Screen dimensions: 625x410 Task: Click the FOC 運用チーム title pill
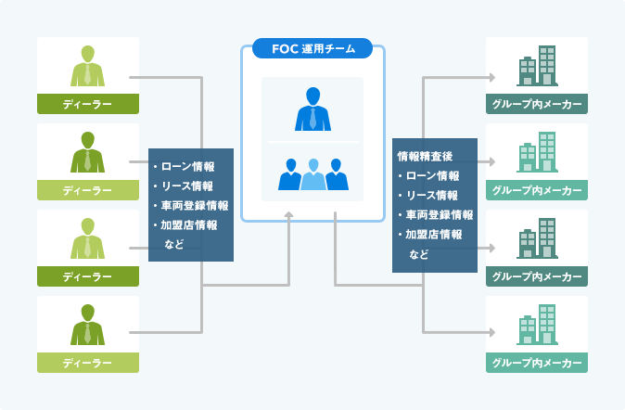click(312, 48)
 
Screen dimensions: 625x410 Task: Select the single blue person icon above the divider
click(312, 109)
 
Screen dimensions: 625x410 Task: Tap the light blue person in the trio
click(313, 174)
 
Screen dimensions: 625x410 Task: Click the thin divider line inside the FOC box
click(312, 142)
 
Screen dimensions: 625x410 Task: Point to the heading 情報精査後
click(425, 157)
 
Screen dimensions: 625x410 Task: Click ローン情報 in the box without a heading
click(187, 166)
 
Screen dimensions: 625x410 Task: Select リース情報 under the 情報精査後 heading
click(432, 195)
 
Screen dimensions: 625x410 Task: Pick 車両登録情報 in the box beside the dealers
click(195, 205)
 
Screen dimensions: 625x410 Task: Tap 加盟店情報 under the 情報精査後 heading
click(434, 234)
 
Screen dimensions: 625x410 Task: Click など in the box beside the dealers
click(174, 244)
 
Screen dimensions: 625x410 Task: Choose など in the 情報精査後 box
click(419, 254)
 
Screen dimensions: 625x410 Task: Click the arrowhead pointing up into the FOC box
click(289, 215)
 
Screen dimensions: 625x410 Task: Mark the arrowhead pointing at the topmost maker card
click(492, 77)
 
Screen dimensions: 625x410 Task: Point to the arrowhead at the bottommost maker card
click(492, 332)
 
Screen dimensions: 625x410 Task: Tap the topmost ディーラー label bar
click(88, 104)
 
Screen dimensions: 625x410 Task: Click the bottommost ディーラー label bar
click(88, 363)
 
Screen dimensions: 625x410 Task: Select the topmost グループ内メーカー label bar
click(537, 104)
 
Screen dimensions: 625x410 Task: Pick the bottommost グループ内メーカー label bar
click(537, 363)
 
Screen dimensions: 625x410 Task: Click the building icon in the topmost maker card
click(537, 66)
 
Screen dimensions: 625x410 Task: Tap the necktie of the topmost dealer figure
click(88, 74)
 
